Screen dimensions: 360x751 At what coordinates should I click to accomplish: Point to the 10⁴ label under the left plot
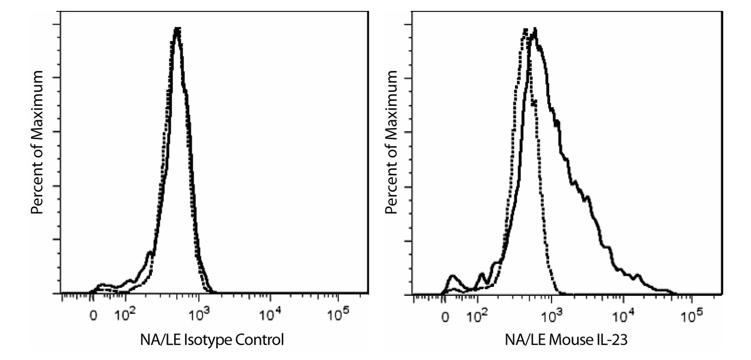tap(270, 315)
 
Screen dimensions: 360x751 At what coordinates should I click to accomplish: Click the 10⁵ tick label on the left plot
tap(337, 315)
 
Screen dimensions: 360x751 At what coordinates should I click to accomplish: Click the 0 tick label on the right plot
tap(446, 317)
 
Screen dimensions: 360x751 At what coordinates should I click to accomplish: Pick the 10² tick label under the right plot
tap(477, 315)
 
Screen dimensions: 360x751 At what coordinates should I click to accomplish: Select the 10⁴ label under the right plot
tap(622, 315)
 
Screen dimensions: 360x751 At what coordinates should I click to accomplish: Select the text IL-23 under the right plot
tap(612, 340)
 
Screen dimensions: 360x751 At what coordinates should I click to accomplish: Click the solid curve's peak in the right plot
tap(535, 29)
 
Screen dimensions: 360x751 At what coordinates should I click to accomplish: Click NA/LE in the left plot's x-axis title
tap(160, 340)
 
